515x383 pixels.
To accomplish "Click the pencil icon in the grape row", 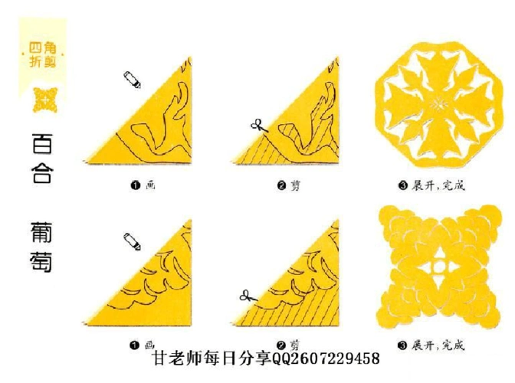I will pos(132,242).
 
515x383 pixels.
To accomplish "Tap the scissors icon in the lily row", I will pos(257,125).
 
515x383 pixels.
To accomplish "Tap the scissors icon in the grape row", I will pos(246,294).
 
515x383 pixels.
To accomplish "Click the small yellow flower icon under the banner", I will pos(44,100).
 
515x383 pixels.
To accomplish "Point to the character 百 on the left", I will pos(43,143).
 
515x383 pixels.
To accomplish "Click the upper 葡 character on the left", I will pos(43,232).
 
